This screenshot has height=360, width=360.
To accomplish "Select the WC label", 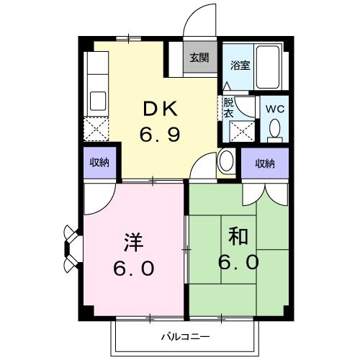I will click(274, 108).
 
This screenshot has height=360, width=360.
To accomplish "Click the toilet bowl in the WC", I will click(274, 129).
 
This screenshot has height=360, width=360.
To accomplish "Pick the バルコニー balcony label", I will click(185, 336).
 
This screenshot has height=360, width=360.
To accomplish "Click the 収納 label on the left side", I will click(99, 163).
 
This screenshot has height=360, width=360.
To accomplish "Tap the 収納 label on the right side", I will click(264, 163).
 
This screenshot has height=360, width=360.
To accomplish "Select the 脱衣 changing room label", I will click(228, 108).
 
